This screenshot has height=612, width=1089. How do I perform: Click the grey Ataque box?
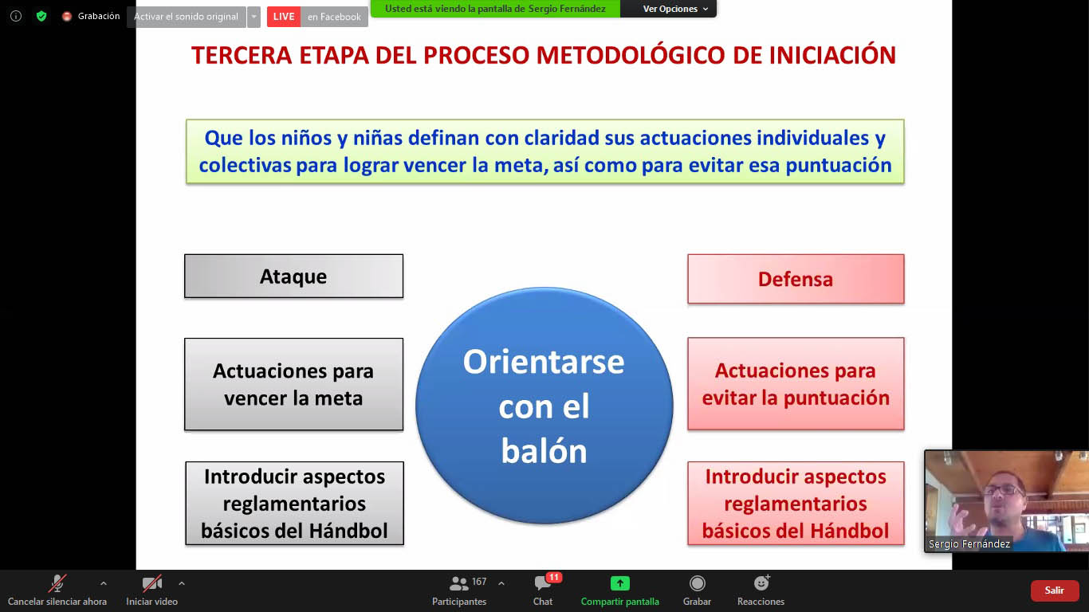coord(293,276)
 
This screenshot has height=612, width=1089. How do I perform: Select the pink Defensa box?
coord(796,279)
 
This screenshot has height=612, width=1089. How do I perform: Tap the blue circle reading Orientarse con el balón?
coord(544,406)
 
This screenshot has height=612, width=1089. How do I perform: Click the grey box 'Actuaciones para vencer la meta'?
coord(293,384)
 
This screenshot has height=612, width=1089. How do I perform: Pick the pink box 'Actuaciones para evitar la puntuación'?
coord(796,384)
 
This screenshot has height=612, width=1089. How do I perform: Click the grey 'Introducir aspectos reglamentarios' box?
coord(295,503)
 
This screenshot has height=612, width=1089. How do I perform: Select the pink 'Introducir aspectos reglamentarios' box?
coord(796,503)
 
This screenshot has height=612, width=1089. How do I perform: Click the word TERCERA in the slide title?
coord(242,56)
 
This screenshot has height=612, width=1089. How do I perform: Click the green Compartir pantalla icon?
coord(620,583)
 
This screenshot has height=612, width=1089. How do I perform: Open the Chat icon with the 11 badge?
coord(543,583)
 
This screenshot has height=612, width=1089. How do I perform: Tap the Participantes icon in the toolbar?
coord(458,583)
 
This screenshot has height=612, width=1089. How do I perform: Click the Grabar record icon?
coord(697,583)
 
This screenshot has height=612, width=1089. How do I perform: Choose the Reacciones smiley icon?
coord(761,583)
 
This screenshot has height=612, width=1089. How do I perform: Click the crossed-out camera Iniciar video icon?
coord(151,583)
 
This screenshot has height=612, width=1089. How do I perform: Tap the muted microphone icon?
coord(57,583)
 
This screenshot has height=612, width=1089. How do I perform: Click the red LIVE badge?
coord(284,17)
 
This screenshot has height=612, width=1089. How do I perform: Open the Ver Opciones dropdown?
coord(675,9)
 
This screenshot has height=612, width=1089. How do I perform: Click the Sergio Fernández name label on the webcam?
coord(969,544)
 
